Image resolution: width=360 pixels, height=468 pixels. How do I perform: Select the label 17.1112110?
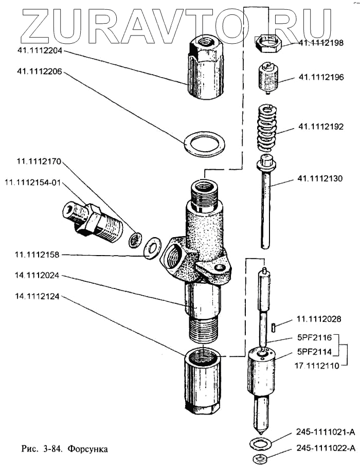click(x=318, y=366)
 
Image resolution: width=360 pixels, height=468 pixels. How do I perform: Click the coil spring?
click(x=267, y=129)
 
